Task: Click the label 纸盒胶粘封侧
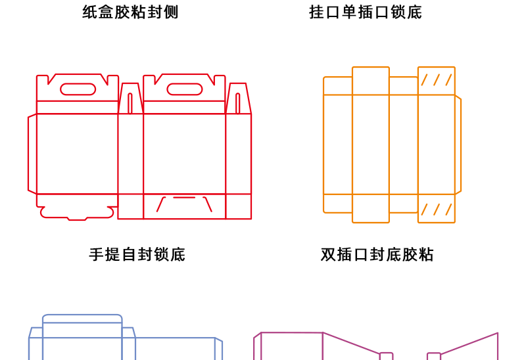coord(130,12)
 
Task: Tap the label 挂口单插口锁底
coord(366,12)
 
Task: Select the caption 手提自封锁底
coord(137,254)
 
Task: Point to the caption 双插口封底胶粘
coord(377,254)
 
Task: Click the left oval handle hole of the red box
coord(78,89)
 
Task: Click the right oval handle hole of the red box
coord(184,89)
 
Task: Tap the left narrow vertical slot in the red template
coord(130,103)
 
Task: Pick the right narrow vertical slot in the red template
coord(237,103)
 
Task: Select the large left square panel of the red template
coord(77,154)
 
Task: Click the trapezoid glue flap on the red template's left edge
coord(32,154)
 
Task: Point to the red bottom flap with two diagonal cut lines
coord(184,206)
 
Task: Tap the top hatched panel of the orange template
coord(437,80)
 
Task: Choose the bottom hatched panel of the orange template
coord(437,209)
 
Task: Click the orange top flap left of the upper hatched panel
coord(403,85)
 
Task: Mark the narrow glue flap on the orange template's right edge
coord(458,145)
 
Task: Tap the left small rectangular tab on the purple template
coord(386,357)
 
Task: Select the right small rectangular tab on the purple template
coord(434,357)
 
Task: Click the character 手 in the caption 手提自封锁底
coord(95,254)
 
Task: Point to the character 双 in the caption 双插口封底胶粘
coord(327,254)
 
